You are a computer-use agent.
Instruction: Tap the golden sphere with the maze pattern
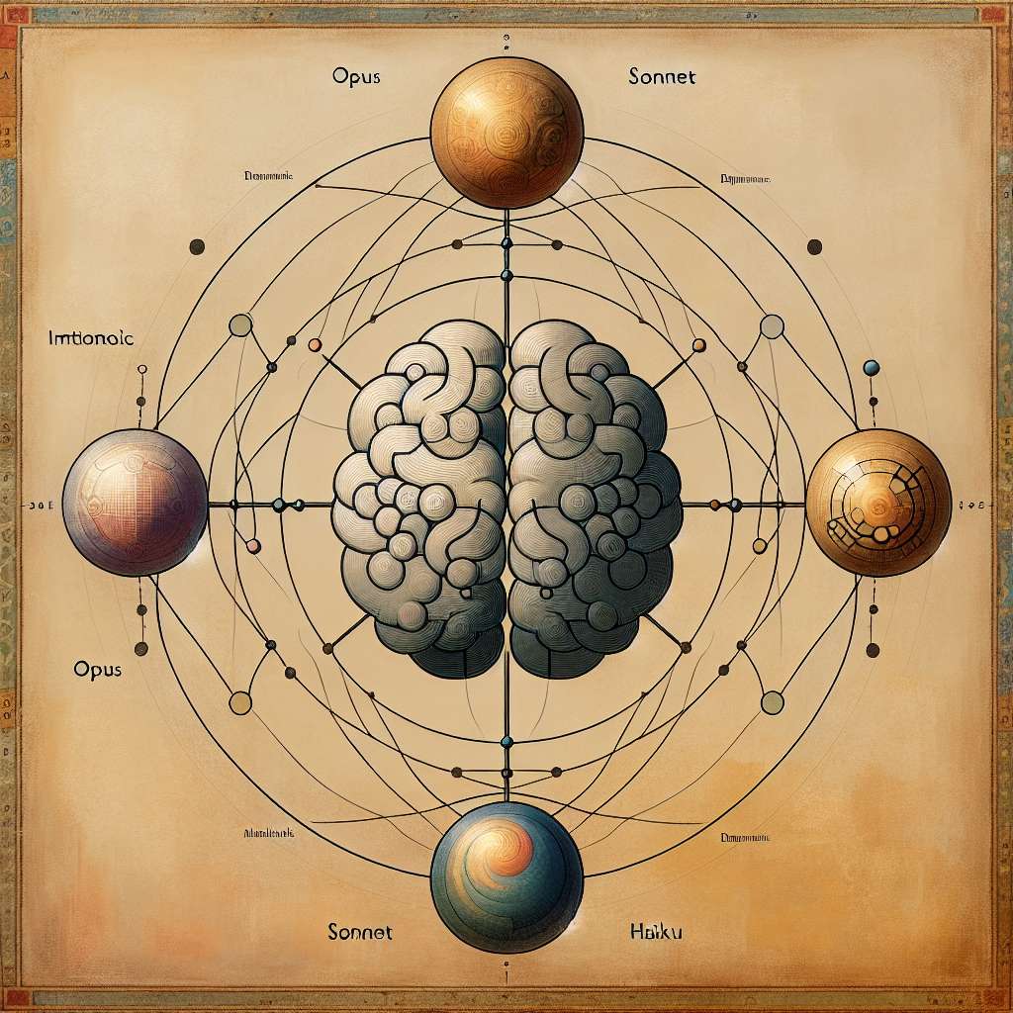[878, 503]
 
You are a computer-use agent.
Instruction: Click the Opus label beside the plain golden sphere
[357, 74]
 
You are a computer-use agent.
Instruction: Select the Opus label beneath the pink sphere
[97, 669]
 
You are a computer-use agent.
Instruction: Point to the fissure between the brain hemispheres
[507, 495]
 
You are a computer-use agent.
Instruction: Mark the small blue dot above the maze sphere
[872, 367]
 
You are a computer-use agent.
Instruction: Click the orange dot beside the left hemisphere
[315, 345]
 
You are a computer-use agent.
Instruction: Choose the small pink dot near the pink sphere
[252, 545]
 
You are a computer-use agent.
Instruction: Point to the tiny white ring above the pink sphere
[141, 370]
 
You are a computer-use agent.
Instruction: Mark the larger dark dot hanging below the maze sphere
[873, 650]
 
